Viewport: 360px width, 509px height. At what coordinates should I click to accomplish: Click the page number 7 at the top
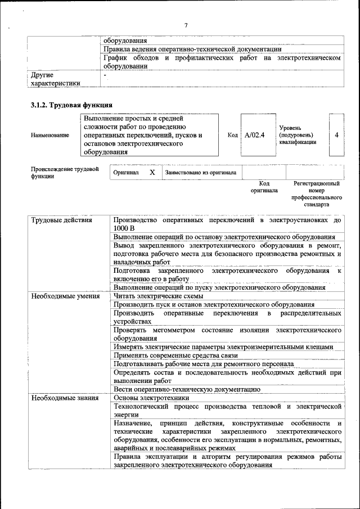[185, 25]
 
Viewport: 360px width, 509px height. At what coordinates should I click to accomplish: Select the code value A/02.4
[255, 135]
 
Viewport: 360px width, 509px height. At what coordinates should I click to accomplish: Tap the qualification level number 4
[336, 135]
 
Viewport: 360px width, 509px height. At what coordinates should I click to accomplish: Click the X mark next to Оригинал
[152, 173]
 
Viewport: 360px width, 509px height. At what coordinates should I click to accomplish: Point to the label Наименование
[51, 136]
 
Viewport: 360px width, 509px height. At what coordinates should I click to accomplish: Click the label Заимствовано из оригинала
[201, 173]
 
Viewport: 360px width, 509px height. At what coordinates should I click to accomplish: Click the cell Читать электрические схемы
[158, 296]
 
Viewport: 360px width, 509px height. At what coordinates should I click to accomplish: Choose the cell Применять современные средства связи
[175, 355]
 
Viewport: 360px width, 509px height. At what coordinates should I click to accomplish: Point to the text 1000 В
[124, 228]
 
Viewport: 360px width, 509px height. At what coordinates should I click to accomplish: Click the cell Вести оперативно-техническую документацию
[187, 389]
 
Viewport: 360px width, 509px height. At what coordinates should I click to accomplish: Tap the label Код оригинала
[264, 187]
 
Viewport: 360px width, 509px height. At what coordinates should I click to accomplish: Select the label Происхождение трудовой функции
[65, 172]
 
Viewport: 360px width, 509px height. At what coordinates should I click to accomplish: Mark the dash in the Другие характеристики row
[105, 74]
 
